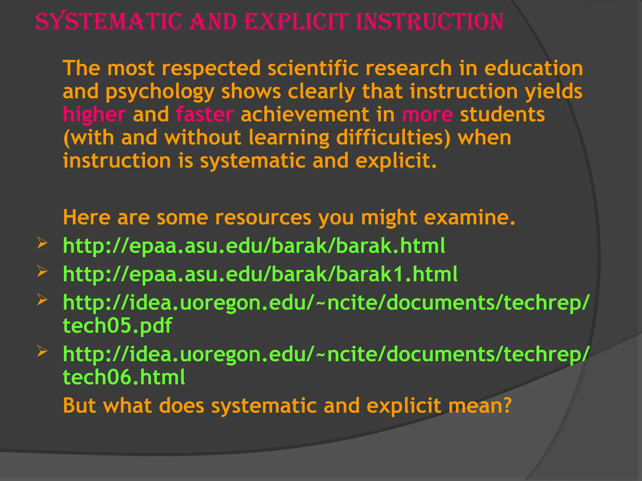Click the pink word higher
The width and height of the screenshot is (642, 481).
pyautogui.click(x=94, y=114)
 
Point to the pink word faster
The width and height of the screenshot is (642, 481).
pyautogui.click(x=205, y=114)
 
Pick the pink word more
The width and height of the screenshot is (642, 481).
pyautogui.click(x=427, y=114)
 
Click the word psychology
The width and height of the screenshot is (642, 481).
pyautogui.click(x=160, y=92)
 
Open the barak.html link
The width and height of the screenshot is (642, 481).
pyautogui.click(x=254, y=246)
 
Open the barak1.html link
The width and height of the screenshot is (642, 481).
pyautogui.click(x=260, y=274)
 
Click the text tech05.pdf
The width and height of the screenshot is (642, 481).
pyautogui.click(x=118, y=325)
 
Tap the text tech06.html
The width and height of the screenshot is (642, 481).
pyautogui.click(x=124, y=377)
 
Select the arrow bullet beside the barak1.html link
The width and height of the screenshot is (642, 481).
pyautogui.click(x=42, y=271)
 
